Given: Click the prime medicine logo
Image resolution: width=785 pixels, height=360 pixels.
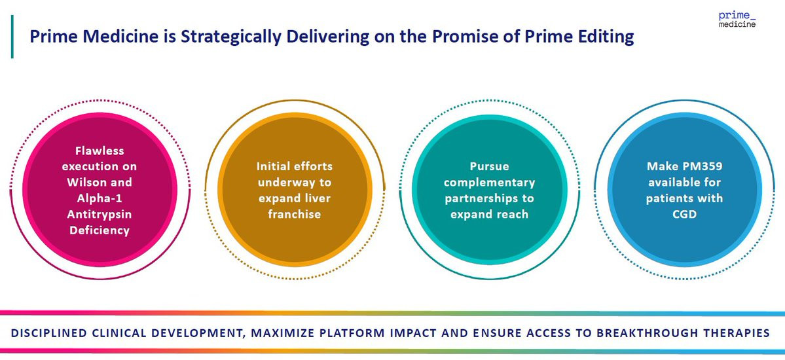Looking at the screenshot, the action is [737, 19].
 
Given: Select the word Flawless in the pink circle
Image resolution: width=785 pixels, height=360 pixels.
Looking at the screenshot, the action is [100, 151].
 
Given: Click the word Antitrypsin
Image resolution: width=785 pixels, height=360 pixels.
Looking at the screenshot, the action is [100, 214].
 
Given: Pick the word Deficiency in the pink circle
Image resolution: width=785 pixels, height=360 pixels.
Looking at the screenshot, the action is [100, 230].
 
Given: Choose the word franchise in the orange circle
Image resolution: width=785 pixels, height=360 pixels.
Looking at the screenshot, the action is [294, 213].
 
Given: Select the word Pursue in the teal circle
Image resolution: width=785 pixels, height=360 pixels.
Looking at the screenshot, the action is [489, 166].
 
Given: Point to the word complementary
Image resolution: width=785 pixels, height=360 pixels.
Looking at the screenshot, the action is [489, 183].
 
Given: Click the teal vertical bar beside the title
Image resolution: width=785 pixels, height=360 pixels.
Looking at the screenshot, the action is [12, 37].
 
